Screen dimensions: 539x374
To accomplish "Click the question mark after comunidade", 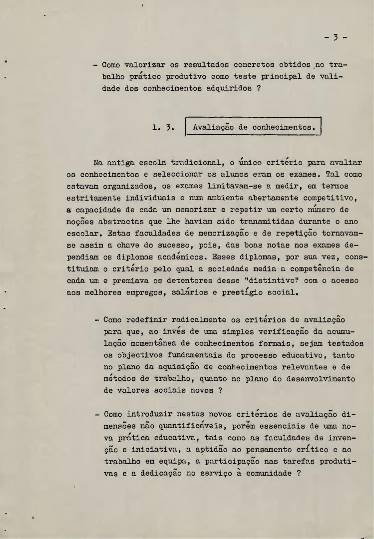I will (298, 473).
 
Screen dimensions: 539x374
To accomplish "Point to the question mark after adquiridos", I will (258, 89).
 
